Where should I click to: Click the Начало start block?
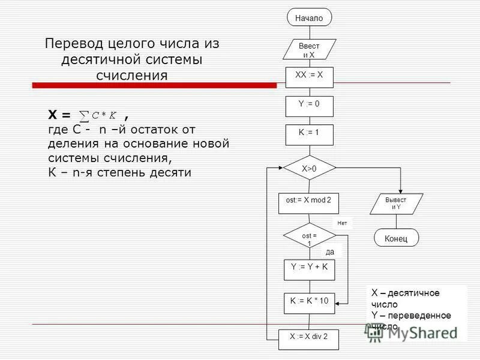point(309,18)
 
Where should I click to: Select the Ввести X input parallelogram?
point(309,50)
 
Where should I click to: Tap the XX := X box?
point(309,76)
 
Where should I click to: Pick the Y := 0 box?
point(309,105)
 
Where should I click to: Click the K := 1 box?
point(309,134)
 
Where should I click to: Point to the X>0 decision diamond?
point(309,168)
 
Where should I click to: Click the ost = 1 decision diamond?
point(309,238)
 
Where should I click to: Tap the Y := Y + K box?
point(309,269)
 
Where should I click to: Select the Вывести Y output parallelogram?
point(396,203)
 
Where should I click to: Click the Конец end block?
point(397,238)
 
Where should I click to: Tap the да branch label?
point(330,252)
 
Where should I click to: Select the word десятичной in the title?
point(100,60)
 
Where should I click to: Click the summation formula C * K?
point(100,115)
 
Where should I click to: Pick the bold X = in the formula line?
point(59,115)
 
